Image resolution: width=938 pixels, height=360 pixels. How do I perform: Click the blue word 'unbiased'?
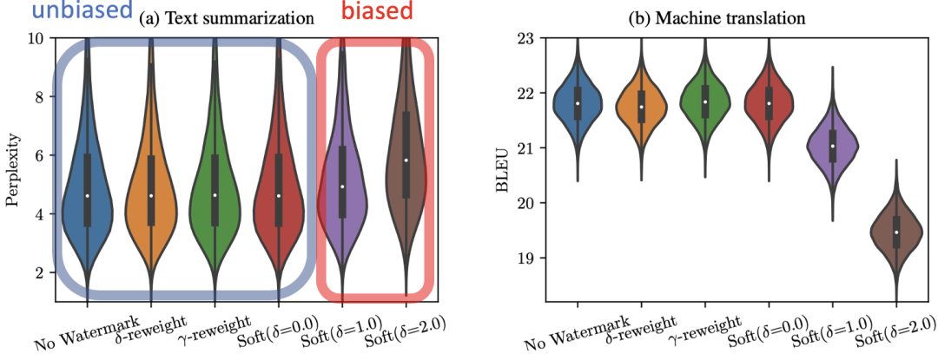(x=69, y=12)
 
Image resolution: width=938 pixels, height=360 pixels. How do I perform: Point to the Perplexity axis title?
(x=12, y=171)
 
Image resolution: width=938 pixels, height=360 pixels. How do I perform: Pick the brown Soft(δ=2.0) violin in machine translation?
(x=896, y=231)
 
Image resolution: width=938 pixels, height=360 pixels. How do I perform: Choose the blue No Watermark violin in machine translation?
(x=577, y=102)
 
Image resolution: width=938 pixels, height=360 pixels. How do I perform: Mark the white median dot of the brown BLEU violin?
(x=896, y=232)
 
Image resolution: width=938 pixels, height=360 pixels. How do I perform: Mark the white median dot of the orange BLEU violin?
(x=641, y=107)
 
